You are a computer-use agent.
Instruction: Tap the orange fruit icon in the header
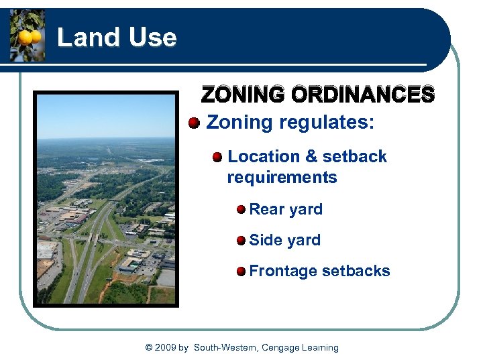[x=28, y=36]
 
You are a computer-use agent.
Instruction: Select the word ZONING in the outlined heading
[x=243, y=95]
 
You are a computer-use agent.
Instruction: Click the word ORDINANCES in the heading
[x=362, y=95]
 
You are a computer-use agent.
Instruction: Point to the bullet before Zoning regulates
[x=194, y=123]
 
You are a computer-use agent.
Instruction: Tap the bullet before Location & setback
[x=217, y=157]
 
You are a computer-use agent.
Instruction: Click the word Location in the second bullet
[x=264, y=157]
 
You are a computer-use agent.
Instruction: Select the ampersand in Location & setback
[x=311, y=157]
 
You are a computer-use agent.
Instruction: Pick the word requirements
[x=282, y=178]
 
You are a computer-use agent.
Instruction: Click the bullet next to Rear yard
[x=241, y=210]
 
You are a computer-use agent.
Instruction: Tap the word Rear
[x=267, y=209]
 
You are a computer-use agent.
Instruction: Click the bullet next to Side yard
[x=241, y=240]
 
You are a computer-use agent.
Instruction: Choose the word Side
[x=266, y=240]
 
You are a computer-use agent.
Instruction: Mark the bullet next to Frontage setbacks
[x=241, y=271]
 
